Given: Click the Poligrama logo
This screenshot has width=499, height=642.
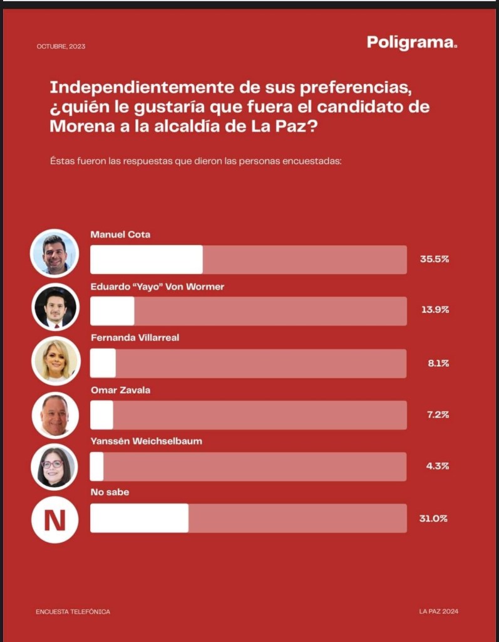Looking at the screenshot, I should click(x=412, y=43).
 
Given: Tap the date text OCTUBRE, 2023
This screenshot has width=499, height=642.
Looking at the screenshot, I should click(x=61, y=46).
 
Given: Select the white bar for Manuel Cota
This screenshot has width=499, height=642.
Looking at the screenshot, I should click(x=147, y=260).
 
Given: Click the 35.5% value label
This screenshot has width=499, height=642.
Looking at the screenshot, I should click(x=434, y=259).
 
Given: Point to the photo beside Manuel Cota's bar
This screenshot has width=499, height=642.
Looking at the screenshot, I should click(x=55, y=253).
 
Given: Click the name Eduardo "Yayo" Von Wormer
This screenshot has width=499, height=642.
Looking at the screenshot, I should click(x=157, y=287).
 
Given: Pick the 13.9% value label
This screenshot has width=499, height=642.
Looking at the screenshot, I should click(x=434, y=310).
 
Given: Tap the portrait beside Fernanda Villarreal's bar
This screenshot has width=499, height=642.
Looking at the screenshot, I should click(x=55, y=360).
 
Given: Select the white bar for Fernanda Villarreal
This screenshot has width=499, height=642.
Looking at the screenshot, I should click(x=103, y=363).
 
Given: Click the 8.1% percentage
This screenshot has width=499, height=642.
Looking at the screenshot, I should click(x=438, y=363).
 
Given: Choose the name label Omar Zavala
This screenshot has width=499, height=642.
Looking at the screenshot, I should click(x=120, y=390).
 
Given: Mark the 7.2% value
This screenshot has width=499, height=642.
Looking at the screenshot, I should click(x=438, y=414).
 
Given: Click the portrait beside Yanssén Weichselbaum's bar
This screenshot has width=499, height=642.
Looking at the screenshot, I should click(x=55, y=466).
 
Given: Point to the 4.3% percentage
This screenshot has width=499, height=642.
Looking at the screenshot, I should click(x=438, y=466).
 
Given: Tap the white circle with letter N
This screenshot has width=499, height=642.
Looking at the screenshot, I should click(x=55, y=519).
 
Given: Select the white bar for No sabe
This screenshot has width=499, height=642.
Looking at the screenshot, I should click(x=139, y=518).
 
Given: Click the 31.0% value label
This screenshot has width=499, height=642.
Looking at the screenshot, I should click(x=434, y=518).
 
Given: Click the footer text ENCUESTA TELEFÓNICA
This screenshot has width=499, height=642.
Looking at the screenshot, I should click(x=73, y=611).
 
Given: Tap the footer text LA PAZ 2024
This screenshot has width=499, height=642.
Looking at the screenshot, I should click(x=443, y=611).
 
